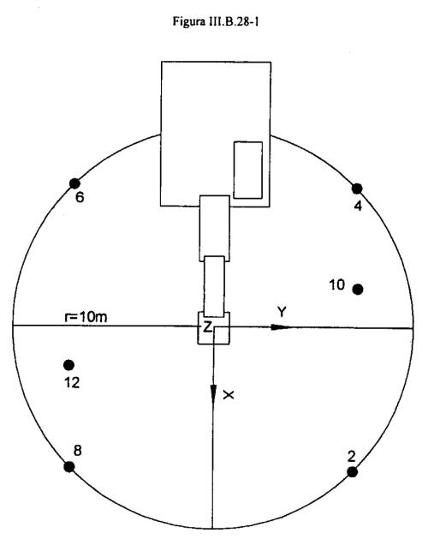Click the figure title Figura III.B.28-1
click(x=216, y=22)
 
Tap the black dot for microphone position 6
click(x=74, y=183)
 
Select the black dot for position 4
click(x=357, y=189)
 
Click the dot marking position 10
click(x=358, y=290)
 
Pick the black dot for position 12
click(x=69, y=365)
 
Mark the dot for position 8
click(x=69, y=466)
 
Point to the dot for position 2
click(x=352, y=472)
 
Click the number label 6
click(x=80, y=198)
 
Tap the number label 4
click(x=358, y=206)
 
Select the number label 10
click(x=336, y=284)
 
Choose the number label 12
click(x=72, y=382)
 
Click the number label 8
click(x=78, y=451)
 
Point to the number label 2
click(x=352, y=457)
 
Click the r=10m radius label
click(x=86, y=317)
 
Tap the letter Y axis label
click(x=282, y=312)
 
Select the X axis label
click(x=229, y=395)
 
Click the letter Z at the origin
click(x=207, y=327)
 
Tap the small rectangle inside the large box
click(x=248, y=170)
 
